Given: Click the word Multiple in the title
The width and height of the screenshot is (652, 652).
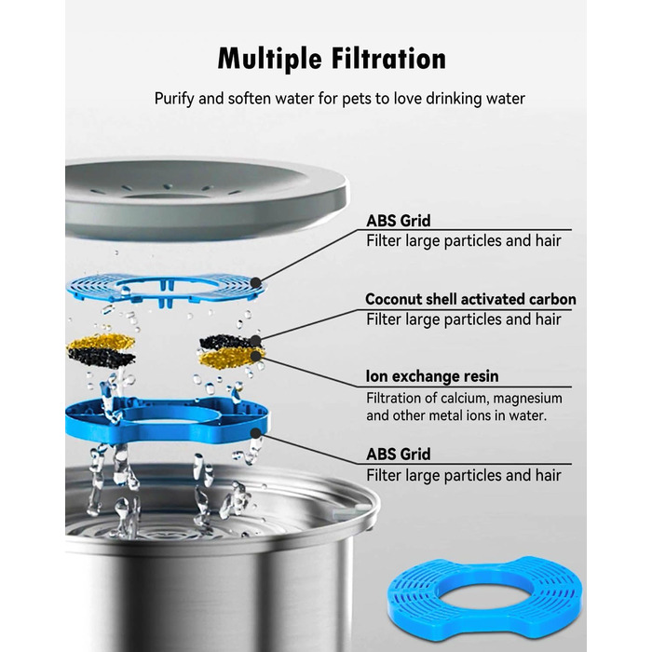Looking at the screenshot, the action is click(269, 59).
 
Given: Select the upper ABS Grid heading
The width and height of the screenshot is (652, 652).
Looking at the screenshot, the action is click(399, 221).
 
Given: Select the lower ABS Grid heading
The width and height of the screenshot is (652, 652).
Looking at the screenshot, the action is click(399, 455).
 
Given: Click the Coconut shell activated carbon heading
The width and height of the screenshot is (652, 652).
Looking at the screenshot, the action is click(470, 299).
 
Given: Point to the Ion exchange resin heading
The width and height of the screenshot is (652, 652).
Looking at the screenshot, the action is click(432, 376).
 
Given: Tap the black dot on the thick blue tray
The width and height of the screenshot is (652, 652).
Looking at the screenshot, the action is click(256, 434).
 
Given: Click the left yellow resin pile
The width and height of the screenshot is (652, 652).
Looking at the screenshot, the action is click(102, 343).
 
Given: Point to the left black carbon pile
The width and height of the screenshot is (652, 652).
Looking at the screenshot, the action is click(102, 357).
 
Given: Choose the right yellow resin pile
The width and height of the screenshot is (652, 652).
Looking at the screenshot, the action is click(229, 358).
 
